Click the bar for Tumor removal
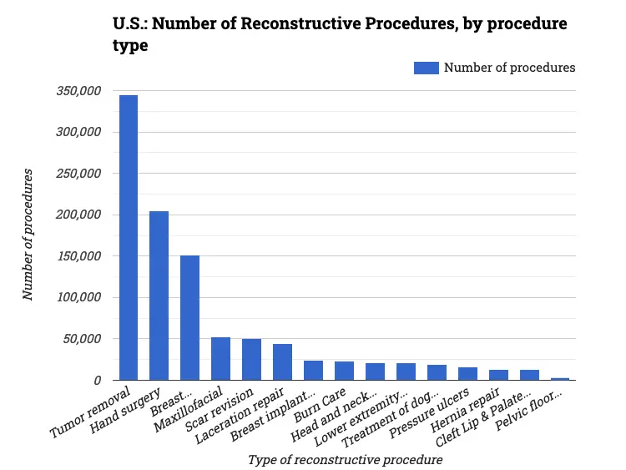129,238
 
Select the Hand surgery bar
159,296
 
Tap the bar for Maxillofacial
220,359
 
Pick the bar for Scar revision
251,360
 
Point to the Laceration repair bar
282,362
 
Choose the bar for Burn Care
344,371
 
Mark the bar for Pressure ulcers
467,374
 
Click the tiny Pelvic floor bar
560,379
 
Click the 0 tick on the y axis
98,380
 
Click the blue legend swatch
426,68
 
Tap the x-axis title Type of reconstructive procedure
345,459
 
